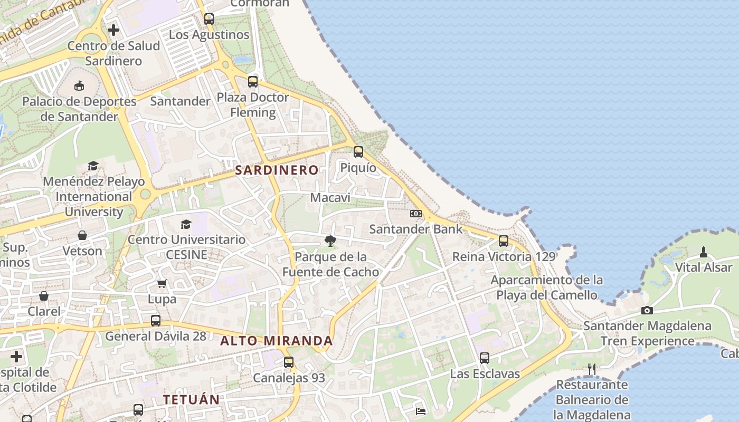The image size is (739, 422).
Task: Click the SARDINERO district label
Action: point(277,170)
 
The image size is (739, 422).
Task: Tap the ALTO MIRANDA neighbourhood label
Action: point(276,341)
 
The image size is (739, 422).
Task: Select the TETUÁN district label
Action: point(191,399)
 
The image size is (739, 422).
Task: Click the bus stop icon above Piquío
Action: point(358,152)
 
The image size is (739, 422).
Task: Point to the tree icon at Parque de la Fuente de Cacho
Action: point(330,241)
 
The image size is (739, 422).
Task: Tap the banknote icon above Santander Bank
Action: point(416,214)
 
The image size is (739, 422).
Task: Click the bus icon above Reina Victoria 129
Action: point(504,241)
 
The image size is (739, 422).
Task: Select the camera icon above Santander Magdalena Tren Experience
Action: point(647,310)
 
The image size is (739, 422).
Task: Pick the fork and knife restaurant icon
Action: point(592,369)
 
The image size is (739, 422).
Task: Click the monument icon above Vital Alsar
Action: point(703,252)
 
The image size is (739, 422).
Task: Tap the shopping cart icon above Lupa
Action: point(162,283)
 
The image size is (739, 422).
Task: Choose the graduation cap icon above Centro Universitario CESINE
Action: point(186,224)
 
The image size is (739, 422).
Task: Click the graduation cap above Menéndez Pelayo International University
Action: point(93,166)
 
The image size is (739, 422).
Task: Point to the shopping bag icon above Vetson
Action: point(82,235)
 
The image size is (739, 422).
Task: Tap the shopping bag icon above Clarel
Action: point(44,296)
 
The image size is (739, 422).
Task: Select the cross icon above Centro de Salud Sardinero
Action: point(113,30)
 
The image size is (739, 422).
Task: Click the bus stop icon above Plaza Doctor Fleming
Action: point(253,82)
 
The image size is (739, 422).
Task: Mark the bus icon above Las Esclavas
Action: point(485,358)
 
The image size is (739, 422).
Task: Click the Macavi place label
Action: point(330,198)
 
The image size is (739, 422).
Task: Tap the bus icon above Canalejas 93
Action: point(289,362)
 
